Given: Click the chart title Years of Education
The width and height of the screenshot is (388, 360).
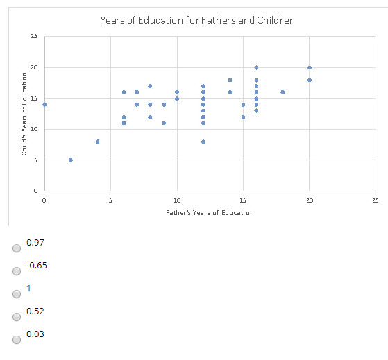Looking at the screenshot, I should [197, 20].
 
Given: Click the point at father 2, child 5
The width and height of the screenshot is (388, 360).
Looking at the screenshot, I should [71, 160].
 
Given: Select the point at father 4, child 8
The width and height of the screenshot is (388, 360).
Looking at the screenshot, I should [97, 142].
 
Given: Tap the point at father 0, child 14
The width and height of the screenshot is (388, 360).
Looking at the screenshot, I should [44, 105].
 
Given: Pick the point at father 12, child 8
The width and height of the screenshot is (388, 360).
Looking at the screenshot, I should [203, 142].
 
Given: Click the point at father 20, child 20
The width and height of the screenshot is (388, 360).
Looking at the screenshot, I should [310, 68].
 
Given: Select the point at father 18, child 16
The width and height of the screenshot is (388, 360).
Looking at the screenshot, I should [282, 92].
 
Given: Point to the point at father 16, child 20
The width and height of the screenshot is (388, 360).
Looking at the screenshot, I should [256, 68].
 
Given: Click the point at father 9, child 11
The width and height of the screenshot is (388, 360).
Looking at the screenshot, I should [164, 123].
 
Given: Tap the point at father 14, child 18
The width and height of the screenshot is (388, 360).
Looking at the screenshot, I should [230, 80].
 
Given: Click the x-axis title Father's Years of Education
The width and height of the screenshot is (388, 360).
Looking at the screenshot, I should [210, 212].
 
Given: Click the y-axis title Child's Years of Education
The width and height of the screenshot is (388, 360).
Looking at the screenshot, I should [24, 114].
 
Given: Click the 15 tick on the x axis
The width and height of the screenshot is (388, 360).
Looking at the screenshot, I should [243, 200].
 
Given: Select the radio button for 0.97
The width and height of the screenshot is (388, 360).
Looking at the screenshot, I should [17, 248].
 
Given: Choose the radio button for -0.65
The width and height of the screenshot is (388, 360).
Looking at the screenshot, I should [17, 271].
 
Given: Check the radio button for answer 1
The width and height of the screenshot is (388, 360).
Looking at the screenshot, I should [17, 294].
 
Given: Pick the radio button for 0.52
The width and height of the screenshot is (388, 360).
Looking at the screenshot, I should [17, 317].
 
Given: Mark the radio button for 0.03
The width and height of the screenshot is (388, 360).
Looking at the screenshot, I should [17, 340].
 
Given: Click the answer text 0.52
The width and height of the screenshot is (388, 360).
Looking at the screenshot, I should [35, 311].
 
